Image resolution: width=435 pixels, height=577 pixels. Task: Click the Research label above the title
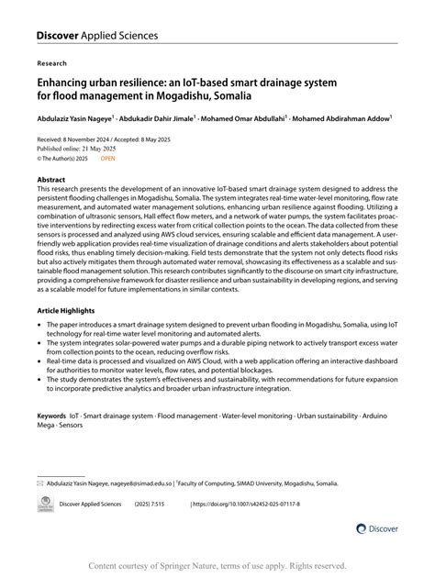pos(51,65)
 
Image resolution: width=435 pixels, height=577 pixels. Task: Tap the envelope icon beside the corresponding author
pos(39,507)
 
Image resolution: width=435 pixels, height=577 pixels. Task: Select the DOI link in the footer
pos(257,529)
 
